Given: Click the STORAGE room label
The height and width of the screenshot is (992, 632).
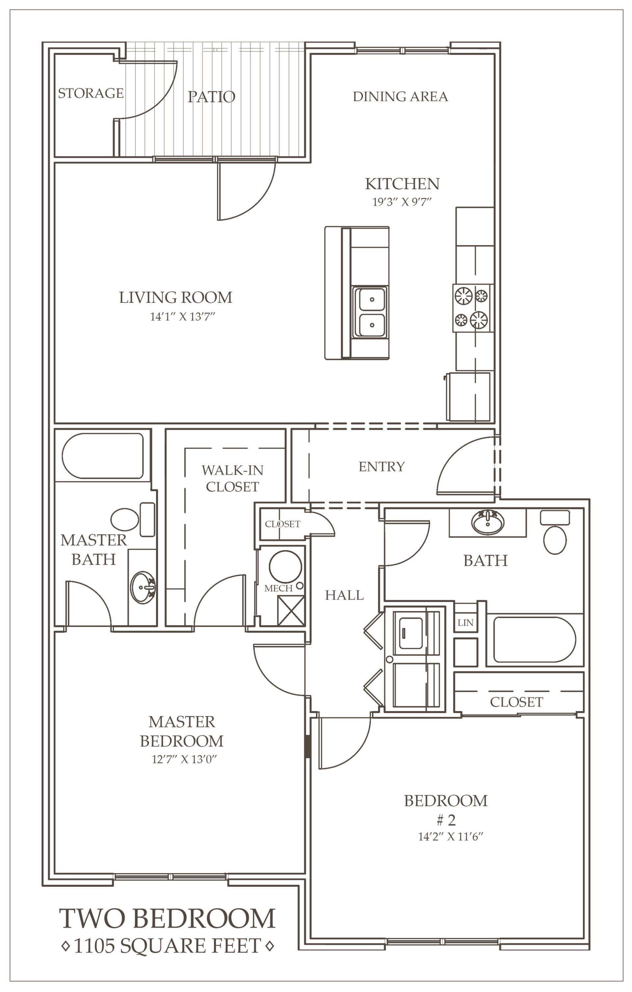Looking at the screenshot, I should [91, 93].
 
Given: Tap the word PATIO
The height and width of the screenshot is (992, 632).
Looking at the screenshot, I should [212, 97].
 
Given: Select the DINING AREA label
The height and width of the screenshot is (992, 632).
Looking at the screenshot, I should [400, 96].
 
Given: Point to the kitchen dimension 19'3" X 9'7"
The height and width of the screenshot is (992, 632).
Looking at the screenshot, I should [402, 202].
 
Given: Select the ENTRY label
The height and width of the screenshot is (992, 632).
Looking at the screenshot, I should [382, 466].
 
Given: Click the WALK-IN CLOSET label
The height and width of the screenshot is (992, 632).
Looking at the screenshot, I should [232, 478].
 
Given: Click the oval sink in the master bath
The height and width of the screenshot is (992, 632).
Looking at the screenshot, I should [144, 587].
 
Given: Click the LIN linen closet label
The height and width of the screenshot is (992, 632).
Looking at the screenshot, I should [465, 623].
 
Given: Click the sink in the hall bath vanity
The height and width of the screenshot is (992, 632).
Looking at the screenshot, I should [487, 522].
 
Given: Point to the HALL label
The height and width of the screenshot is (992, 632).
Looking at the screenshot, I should [344, 595].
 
